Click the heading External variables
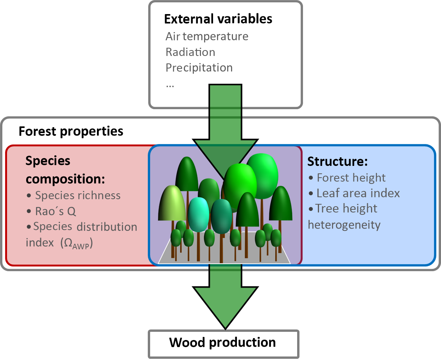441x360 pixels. point(218,19)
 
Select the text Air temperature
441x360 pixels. point(207,36)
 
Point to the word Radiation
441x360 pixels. point(190,52)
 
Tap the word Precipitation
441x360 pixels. point(199,68)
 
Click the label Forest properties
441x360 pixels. point(71,131)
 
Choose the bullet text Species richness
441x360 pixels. point(78,195)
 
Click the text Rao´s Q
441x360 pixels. point(55,211)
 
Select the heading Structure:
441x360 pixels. point(338,161)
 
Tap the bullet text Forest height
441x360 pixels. point(351,178)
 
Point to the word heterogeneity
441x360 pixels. point(344,225)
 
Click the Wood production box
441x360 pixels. point(223,343)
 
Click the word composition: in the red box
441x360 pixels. point(65,179)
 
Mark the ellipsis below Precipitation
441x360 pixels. point(170,85)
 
